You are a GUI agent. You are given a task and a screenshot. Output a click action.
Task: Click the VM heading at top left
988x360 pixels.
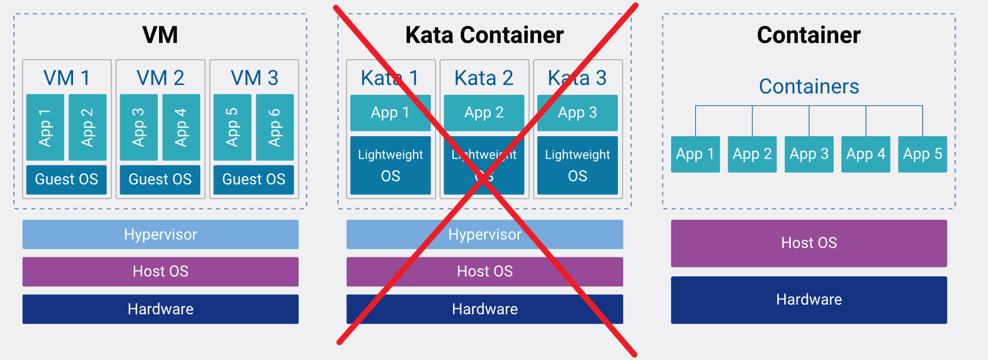click(x=160, y=35)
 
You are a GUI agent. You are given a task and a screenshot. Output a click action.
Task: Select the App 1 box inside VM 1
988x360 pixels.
click(x=45, y=127)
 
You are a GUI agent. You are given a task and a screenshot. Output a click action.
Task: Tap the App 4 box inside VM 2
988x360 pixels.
click(x=181, y=127)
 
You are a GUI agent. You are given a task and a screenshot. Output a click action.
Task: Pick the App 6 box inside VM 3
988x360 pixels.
click(x=275, y=127)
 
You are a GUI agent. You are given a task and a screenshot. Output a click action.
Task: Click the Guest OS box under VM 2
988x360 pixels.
click(x=160, y=179)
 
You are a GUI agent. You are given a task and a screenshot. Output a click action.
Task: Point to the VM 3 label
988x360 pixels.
click(x=254, y=78)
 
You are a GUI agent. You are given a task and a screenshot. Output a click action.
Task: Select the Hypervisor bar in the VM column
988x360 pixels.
click(x=160, y=235)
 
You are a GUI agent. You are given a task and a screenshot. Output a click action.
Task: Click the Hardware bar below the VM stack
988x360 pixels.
click(x=160, y=309)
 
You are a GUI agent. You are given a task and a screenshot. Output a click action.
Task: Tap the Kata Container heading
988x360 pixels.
click(x=484, y=35)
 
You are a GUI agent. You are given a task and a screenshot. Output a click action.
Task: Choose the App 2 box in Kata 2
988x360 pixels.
click(x=484, y=113)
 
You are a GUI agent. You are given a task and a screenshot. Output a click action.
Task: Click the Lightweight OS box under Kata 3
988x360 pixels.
click(x=577, y=165)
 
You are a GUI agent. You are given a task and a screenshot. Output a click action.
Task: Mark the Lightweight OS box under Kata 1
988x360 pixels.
click(x=390, y=165)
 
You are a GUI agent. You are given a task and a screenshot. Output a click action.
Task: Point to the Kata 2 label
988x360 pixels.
click(x=484, y=78)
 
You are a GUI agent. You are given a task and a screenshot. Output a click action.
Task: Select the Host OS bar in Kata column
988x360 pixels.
click(x=484, y=271)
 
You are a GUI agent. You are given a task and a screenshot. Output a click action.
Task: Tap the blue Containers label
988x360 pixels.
click(x=809, y=87)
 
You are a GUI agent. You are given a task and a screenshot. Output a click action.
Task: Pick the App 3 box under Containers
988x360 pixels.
click(x=809, y=154)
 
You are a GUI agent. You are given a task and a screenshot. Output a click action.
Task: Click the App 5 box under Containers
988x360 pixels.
click(x=923, y=154)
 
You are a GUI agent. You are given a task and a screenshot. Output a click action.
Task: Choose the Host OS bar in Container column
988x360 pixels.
click(x=809, y=243)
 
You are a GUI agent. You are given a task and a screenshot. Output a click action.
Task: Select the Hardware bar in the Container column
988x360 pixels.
click(x=809, y=299)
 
